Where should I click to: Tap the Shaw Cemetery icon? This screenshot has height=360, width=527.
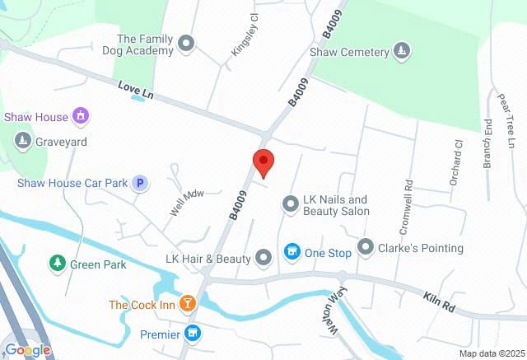[x=401, y=52]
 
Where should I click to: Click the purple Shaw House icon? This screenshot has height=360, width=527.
[x=81, y=117]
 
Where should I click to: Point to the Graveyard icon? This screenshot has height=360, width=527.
[x=23, y=141]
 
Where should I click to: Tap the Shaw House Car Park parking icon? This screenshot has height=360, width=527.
[x=141, y=183]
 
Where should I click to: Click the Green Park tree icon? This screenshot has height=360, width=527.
[x=57, y=264]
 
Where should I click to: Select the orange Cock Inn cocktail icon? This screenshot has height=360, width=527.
[x=189, y=305]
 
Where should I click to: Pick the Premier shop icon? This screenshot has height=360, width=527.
[x=193, y=334]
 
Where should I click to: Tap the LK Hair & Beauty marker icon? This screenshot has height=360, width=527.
[x=263, y=259]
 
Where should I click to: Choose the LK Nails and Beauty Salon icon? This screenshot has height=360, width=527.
[x=290, y=203]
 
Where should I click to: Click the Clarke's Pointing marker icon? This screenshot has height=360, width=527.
[x=366, y=247]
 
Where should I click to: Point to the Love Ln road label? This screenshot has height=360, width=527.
[x=136, y=90]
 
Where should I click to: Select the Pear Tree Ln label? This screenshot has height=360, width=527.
[x=503, y=115]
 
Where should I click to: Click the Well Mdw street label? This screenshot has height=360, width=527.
[x=186, y=200]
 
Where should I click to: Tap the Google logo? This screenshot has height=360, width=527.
[x=27, y=350]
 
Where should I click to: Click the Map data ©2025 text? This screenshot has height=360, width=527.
[x=491, y=353]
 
